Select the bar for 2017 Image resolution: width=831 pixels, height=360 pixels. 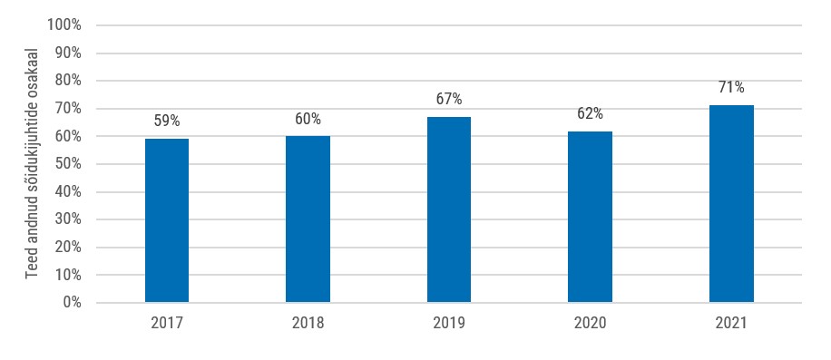[167, 220]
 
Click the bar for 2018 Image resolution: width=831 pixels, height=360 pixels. [308, 219]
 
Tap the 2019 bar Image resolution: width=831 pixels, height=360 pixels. [449, 209]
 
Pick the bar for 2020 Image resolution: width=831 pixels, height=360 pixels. [590, 217]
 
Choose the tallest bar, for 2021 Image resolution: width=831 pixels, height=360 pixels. [731, 204]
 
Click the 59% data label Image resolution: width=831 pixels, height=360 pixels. [167, 121]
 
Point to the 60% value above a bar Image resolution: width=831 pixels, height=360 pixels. [308, 119]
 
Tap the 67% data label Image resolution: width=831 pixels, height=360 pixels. [449, 99]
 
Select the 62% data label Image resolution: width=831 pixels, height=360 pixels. [590, 113]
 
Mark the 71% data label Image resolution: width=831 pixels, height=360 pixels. [731, 87]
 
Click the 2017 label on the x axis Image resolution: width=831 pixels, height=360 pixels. [167, 324]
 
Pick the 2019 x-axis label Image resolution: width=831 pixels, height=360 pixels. [449, 324]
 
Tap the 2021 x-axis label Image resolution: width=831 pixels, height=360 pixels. [731, 324]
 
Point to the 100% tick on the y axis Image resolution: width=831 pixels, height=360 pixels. [64, 24]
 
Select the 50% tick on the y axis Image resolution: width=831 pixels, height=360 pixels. [67, 163]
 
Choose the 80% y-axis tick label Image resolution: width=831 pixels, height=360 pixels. [67, 81]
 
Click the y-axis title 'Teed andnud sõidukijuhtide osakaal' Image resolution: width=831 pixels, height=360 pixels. [32, 163]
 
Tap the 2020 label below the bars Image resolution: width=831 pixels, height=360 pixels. [590, 324]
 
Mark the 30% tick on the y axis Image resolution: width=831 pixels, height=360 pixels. [67, 219]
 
